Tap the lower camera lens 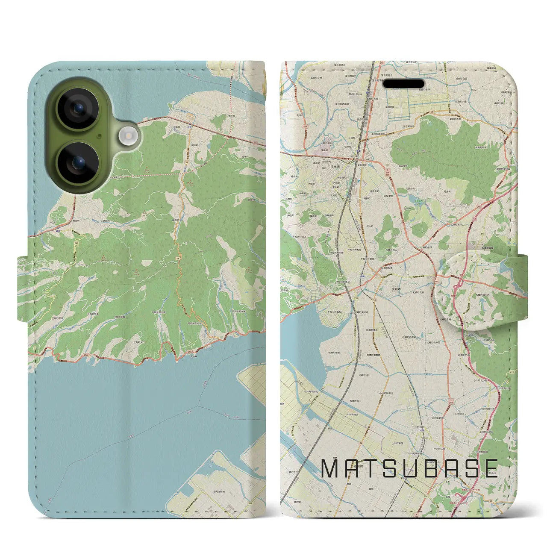click(x=78, y=163)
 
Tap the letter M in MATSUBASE click(x=330, y=469)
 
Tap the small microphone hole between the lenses click(x=99, y=137)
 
